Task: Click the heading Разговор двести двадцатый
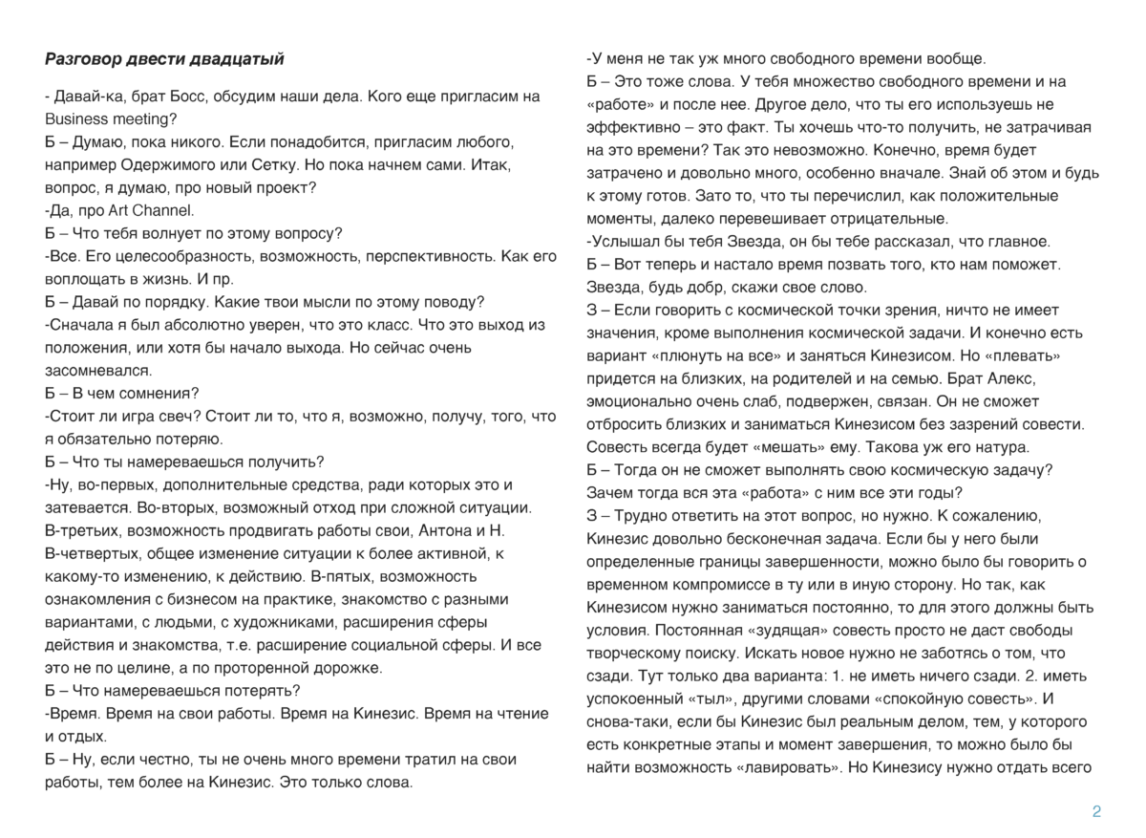[x=164, y=59]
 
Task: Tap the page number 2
[x=1096, y=812]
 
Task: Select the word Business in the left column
[x=77, y=119]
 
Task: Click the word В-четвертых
[x=94, y=553]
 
